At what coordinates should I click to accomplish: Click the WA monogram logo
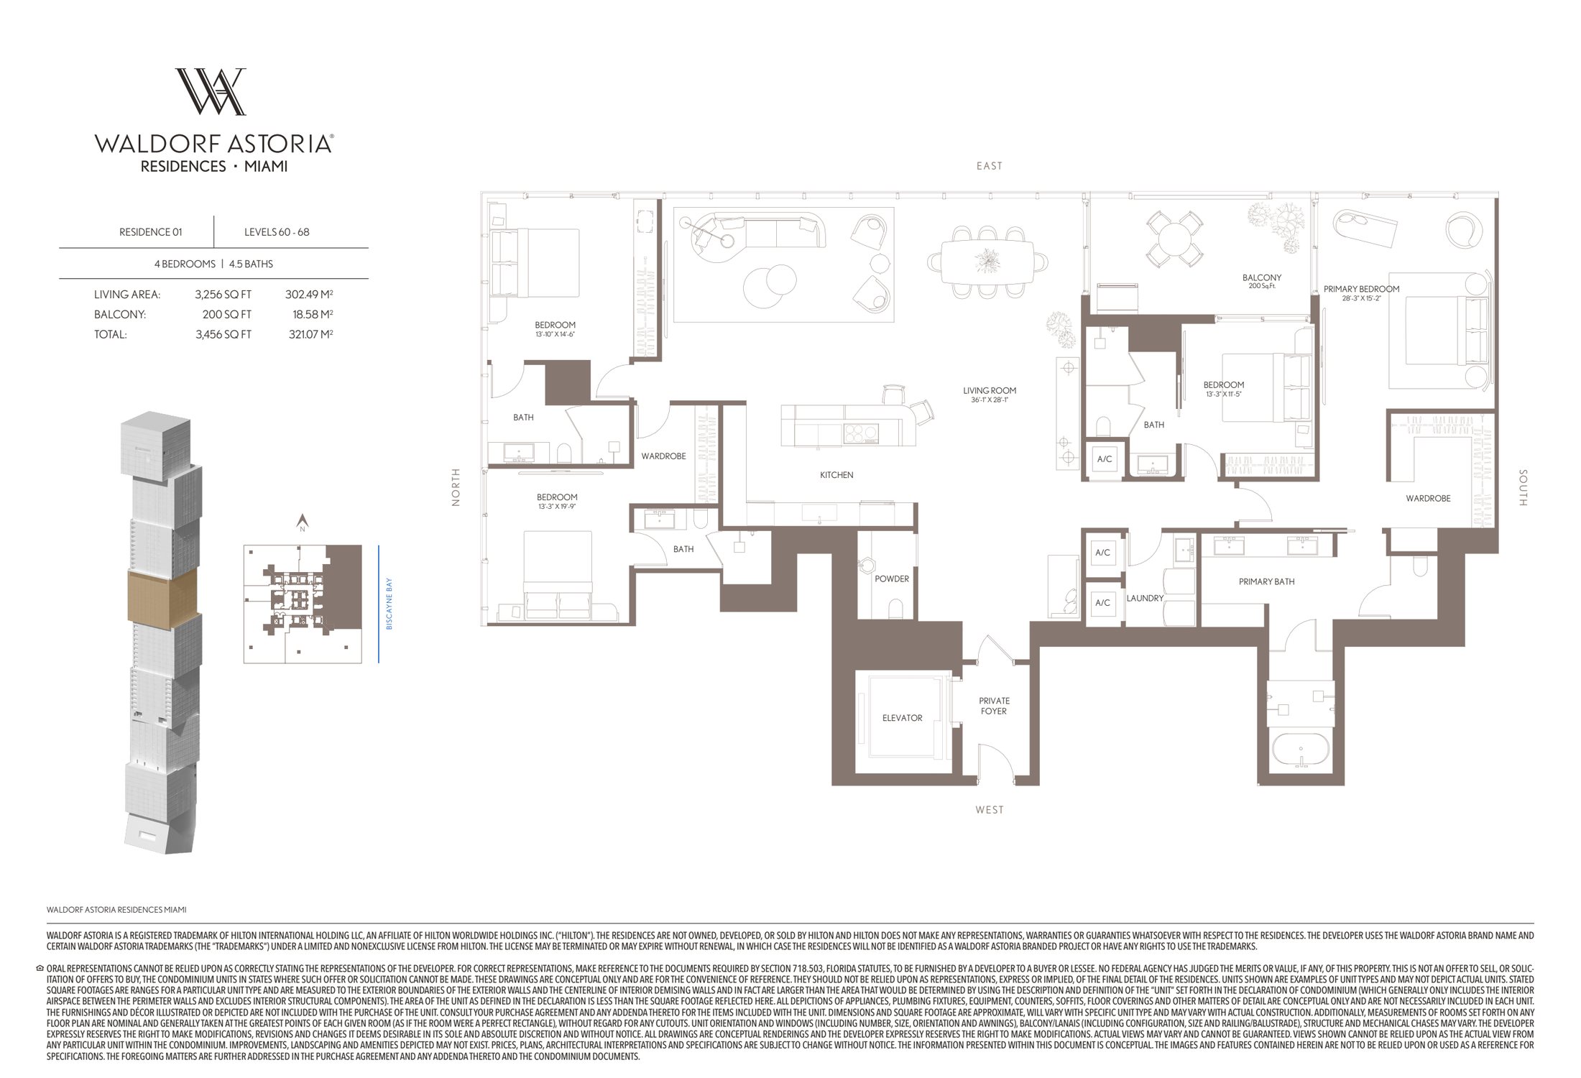point(211,91)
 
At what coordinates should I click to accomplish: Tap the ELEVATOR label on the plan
point(902,718)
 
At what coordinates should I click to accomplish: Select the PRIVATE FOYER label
point(994,706)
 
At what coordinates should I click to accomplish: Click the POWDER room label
point(892,579)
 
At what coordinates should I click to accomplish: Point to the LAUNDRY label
point(1145,598)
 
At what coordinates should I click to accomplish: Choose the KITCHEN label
point(836,475)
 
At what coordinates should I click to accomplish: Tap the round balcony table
point(1174,239)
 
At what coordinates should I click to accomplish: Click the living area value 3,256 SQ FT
point(223,295)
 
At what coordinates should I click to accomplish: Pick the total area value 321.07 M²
point(305,334)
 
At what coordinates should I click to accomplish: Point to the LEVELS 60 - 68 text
point(277,232)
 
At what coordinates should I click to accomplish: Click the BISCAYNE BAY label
point(390,604)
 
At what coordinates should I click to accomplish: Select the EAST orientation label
point(989,166)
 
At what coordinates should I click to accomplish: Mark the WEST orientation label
point(989,810)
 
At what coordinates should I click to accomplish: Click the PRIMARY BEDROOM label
point(1361,289)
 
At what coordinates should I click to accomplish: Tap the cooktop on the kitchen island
point(861,433)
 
